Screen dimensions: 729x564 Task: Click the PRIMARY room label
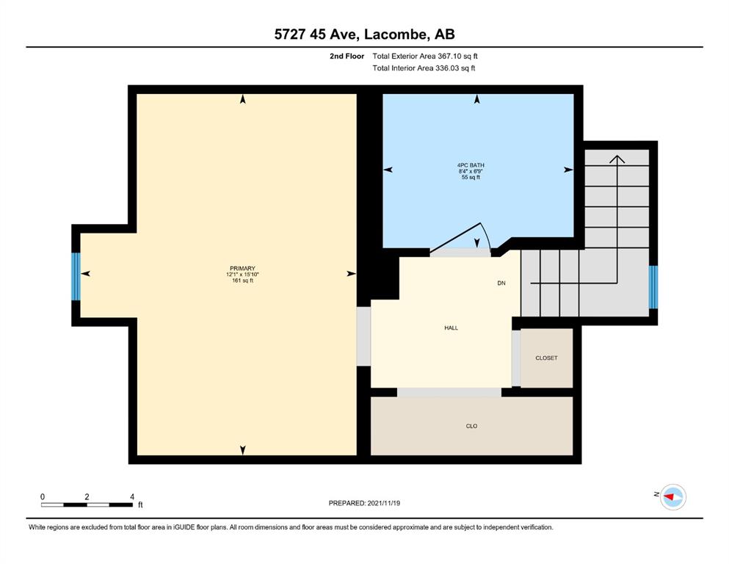point(242,268)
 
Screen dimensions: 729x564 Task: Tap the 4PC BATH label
point(471,165)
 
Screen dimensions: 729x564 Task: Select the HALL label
point(451,328)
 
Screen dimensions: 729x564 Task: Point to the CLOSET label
point(546,358)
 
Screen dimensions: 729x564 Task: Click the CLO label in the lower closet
point(471,426)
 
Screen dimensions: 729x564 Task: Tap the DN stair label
point(501,283)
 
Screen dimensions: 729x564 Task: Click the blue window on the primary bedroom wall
point(76,276)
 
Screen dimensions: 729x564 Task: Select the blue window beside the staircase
point(653,287)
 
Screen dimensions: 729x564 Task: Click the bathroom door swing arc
point(485,235)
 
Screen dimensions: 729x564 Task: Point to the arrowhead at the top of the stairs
point(617,159)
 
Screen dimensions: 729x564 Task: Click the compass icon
point(672,497)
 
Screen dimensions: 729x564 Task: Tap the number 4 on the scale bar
point(132,496)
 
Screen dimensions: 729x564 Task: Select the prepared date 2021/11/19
point(383,503)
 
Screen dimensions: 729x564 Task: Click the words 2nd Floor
point(347,57)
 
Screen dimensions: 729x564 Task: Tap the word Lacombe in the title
point(396,34)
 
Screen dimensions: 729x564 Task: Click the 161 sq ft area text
point(242,281)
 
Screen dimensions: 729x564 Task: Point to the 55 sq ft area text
point(471,177)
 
